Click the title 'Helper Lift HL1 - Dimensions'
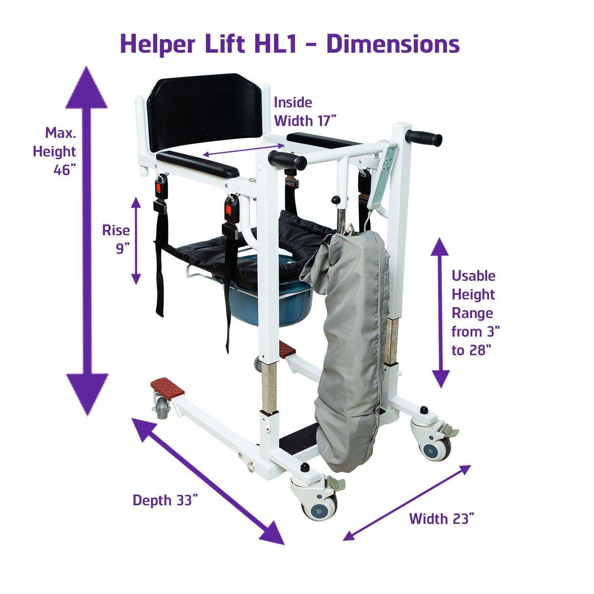tap(289, 44)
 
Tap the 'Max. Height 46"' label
tap(55, 151)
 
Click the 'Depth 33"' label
tap(165, 500)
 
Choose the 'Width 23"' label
tap(442, 518)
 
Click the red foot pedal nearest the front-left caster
tap(168, 388)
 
